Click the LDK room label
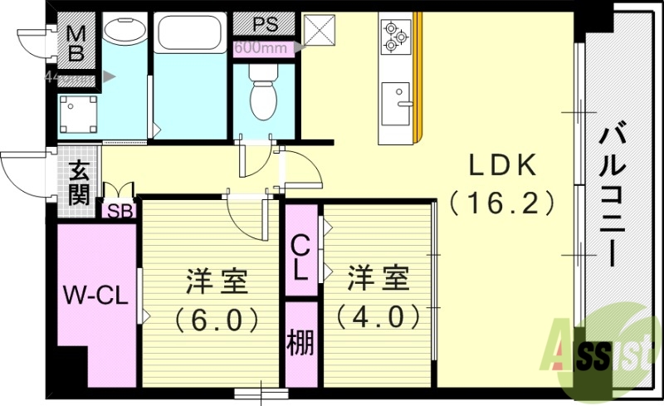tap(502, 165)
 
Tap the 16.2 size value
tap(501, 202)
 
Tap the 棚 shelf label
tap(300, 342)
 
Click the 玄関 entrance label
tap(79, 183)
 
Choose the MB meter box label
tap(76, 44)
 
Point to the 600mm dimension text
tap(260, 47)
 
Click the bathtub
tap(190, 35)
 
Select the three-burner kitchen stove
tap(393, 37)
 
